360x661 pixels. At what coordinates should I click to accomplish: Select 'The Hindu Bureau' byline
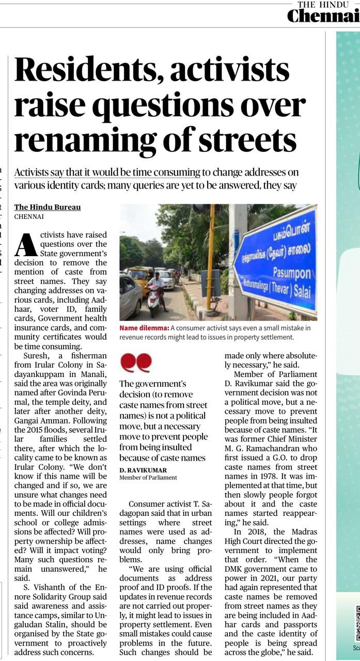48,207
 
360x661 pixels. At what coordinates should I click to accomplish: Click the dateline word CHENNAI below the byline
29,217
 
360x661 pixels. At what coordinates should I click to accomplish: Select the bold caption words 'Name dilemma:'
144,328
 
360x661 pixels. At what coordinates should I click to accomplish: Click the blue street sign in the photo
276,261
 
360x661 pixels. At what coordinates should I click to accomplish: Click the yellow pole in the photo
210,258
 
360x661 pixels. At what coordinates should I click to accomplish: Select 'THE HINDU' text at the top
323,5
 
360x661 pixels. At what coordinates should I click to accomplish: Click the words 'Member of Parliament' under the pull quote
148,478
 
